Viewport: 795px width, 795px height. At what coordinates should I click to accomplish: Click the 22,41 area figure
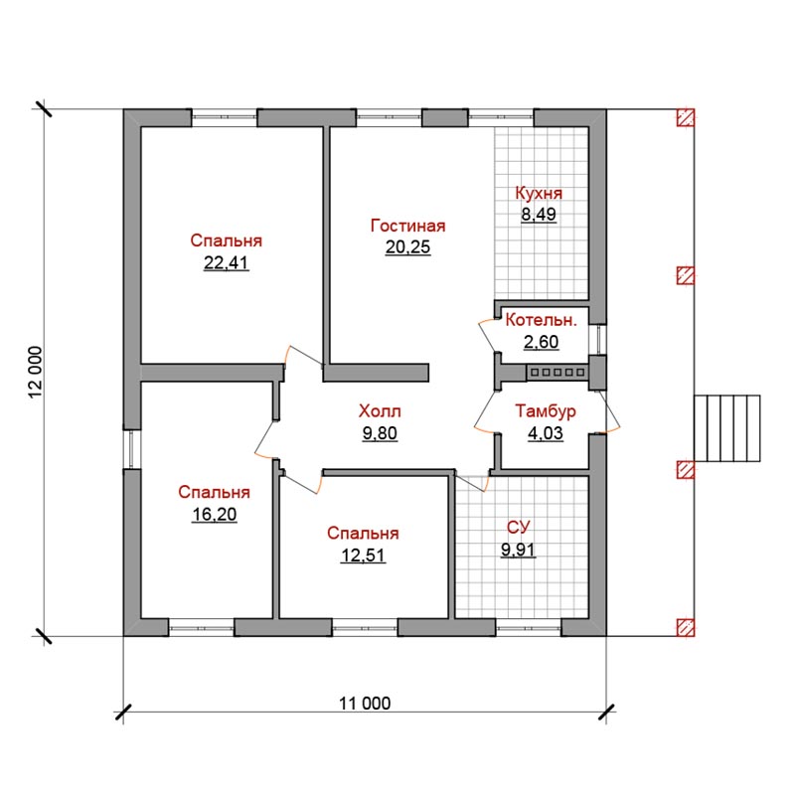pos(227,262)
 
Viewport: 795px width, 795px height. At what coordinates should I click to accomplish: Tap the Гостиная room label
pos(408,226)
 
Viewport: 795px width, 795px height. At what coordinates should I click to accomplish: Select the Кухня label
pos(539,193)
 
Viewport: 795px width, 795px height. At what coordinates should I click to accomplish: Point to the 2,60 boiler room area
pos(541,342)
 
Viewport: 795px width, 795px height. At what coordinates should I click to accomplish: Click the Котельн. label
pos(541,320)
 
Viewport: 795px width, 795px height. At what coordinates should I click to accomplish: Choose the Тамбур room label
pos(546,411)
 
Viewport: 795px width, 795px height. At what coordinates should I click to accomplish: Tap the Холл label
pos(380,411)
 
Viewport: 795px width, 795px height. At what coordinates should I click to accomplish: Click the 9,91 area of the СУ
pos(518,550)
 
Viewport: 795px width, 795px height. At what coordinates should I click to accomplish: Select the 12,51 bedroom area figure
pos(363,556)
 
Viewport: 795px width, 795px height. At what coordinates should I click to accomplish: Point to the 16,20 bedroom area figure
pos(215,515)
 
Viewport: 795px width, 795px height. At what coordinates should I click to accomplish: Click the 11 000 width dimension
pos(365,704)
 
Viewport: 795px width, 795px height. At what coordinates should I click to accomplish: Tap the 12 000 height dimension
pos(36,373)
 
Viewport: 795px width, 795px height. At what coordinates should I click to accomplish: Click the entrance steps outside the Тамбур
pos(727,428)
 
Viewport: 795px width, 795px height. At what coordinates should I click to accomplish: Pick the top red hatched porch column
pos(686,117)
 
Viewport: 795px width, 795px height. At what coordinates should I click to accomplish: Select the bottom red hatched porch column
pos(686,628)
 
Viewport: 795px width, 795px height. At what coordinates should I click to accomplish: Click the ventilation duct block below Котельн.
pos(557,373)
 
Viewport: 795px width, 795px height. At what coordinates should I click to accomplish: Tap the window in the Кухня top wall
pos(501,117)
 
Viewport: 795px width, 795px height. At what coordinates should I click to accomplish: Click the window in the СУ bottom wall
pos(529,628)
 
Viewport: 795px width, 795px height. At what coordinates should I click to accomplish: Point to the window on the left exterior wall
pos(132,449)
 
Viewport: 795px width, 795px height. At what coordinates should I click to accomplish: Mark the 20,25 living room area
pos(408,246)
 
